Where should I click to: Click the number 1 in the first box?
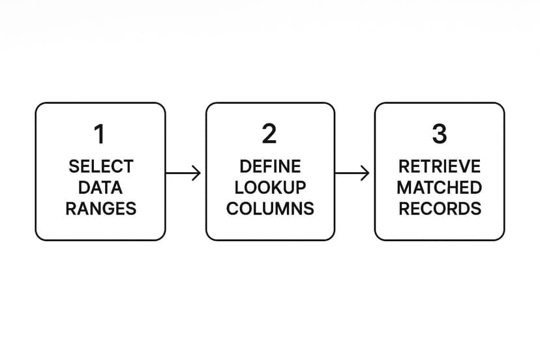coord(100,134)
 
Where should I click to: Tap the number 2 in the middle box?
coord(269,134)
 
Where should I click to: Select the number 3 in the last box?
coord(440,134)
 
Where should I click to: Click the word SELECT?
coord(101,167)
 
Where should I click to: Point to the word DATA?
coord(100,188)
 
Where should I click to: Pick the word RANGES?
coord(101,209)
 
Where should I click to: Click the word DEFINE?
coord(271,167)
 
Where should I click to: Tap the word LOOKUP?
coord(271,188)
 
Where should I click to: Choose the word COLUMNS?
coord(271,209)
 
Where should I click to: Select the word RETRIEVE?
coord(440,167)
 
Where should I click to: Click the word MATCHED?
coord(440,188)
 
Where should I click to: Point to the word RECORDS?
coord(440,209)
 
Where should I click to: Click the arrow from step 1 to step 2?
coord(183,173)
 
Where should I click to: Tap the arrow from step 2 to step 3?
coord(352,173)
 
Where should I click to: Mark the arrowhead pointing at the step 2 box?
coord(197,173)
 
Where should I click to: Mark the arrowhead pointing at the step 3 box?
coord(365,173)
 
